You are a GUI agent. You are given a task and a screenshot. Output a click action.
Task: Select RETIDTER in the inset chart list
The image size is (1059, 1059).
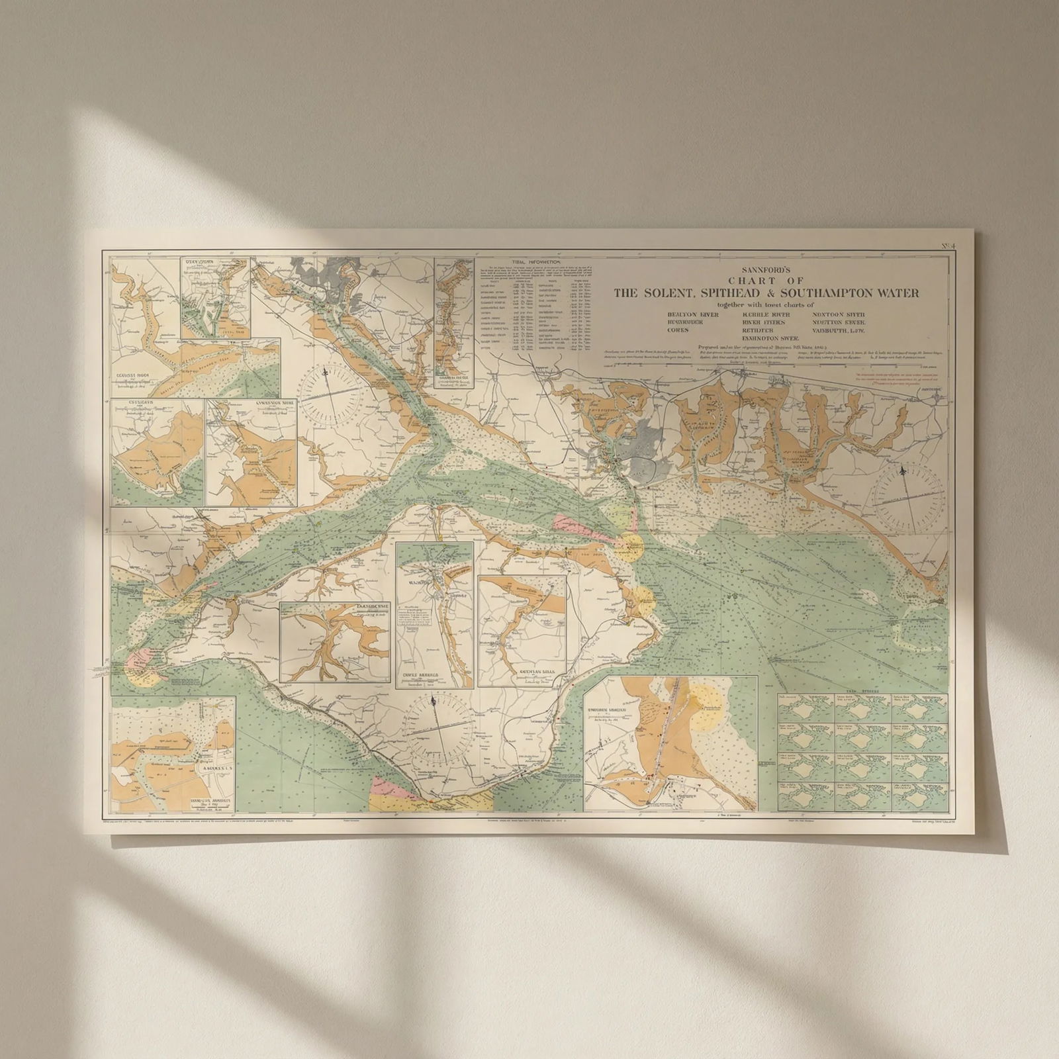click(757, 329)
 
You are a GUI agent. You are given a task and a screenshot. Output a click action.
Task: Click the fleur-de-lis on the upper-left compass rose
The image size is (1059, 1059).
click(326, 375)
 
